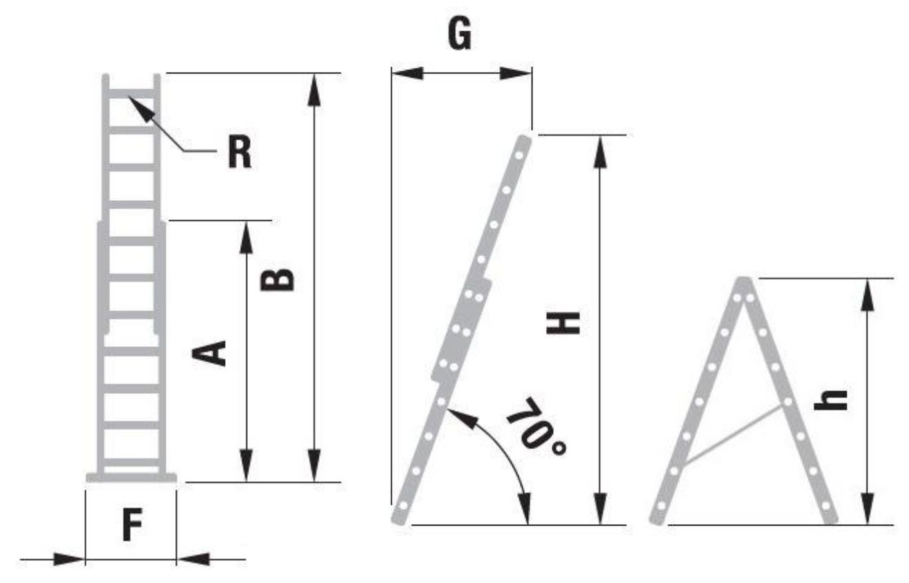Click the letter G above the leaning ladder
[x=460, y=34]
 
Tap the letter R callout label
[x=240, y=152]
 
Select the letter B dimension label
[x=277, y=280]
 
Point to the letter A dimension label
[x=208, y=353]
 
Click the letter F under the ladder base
[x=132, y=525]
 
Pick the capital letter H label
[x=564, y=323]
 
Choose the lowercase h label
[x=831, y=400]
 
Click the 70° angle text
[x=537, y=427]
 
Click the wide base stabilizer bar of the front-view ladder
[x=131, y=478]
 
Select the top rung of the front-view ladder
[x=131, y=93]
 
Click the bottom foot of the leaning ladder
[x=399, y=518]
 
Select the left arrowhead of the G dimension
[x=408, y=73]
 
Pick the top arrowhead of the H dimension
[x=600, y=152]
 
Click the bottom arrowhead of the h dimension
[x=867, y=508]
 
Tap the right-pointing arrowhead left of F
[x=69, y=559]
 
